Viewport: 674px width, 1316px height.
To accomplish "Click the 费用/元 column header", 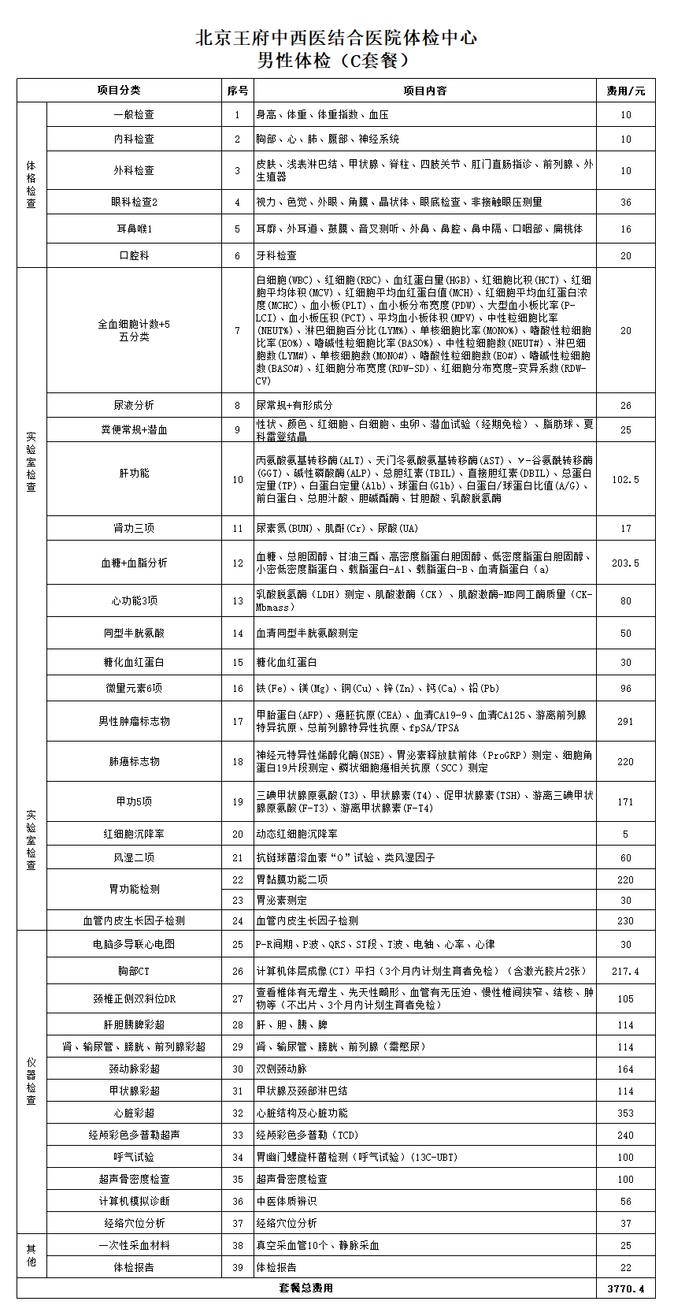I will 625,91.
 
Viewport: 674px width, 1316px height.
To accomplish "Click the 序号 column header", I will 238,91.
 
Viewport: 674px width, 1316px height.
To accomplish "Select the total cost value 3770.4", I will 625,1288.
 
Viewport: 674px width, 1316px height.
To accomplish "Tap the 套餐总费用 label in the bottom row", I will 306,1288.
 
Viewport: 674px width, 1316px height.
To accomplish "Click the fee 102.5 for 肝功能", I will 625,479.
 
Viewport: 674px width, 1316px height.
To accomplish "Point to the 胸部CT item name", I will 134,971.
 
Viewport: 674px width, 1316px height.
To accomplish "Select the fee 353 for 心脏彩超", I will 625,1113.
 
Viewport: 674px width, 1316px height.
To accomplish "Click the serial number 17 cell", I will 238,721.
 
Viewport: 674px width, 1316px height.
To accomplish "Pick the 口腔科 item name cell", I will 134,255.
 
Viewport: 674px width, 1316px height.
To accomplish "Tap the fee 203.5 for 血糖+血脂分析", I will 625,563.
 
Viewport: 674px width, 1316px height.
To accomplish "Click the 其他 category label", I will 31,1255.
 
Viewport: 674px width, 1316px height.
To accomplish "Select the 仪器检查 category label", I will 31,1082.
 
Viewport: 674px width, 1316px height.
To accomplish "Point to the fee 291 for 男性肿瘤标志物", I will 625,721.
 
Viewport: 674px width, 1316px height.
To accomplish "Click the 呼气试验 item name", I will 134,1158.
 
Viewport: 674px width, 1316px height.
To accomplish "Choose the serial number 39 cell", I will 238,1267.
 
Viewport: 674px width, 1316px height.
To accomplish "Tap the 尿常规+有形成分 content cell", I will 294,405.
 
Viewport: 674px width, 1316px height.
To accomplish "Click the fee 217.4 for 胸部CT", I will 625,971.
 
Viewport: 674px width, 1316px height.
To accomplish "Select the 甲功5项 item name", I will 134,801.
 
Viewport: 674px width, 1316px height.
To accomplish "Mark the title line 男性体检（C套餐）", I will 336,61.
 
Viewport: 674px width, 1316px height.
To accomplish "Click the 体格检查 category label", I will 31,184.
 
